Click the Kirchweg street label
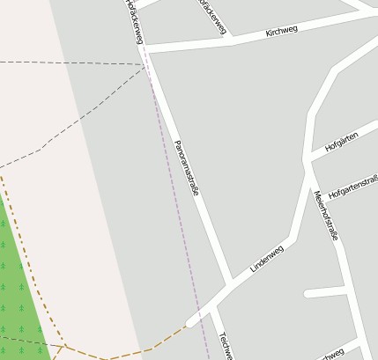click(x=281, y=32)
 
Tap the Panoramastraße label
click(x=187, y=166)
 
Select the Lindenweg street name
click(x=267, y=258)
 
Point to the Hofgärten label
click(x=341, y=141)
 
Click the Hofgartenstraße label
click(x=352, y=187)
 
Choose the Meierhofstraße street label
click(x=325, y=215)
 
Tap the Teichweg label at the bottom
click(x=225, y=345)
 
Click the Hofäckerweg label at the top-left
click(x=133, y=19)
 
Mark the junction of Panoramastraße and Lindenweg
click(x=231, y=284)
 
